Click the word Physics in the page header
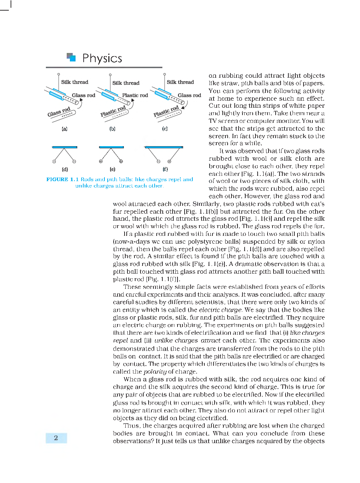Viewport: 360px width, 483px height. pyautogui.click(x=102, y=58)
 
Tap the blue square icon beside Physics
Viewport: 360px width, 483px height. pyautogui.click(x=71, y=57)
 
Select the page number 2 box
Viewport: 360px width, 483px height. pyautogui.click(x=56, y=438)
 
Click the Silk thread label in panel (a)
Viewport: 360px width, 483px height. pyautogui.click(x=74, y=82)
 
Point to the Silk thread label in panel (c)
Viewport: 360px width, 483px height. pyautogui.click(x=180, y=82)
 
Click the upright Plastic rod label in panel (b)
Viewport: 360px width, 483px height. pyautogui.click(x=135, y=95)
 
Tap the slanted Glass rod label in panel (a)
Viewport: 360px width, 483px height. pyautogui.click(x=59, y=112)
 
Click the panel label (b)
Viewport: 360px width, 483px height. pyautogui.click(x=112, y=129)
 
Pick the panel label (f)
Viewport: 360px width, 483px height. pyautogui.click(x=165, y=169)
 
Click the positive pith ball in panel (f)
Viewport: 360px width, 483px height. pyautogui.click(x=169, y=161)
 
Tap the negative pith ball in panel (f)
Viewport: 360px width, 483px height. pyautogui.click(x=158, y=161)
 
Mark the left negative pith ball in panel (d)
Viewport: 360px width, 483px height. pyautogui.click(x=54, y=161)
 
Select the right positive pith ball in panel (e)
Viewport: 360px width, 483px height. pyautogui.click(x=121, y=161)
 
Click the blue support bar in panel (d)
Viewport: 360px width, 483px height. pyautogui.click(x=65, y=147)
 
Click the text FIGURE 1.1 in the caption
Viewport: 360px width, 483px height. pyautogui.click(x=62, y=179)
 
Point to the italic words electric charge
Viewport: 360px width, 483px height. pyautogui.click(x=220, y=310)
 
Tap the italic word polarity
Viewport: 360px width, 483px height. pyautogui.click(x=155, y=371)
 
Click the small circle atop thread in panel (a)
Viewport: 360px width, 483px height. pyautogui.click(x=59, y=74)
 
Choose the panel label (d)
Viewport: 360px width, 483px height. pyautogui.click(x=65, y=169)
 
